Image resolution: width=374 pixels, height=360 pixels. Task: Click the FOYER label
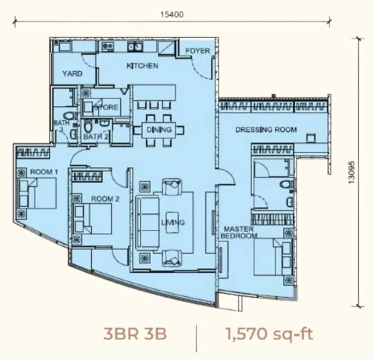(x=198, y=51)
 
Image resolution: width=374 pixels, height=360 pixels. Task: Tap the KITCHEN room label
(x=142, y=65)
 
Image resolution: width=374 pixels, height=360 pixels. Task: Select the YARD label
(x=73, y=74)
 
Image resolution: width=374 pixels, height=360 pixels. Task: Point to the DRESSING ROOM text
(x=266, y=130)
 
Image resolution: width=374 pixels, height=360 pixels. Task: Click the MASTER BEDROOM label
(x=239, y=232)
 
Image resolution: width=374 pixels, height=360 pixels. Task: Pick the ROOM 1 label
(x=44, y=172)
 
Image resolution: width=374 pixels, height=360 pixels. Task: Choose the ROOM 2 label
(x=105, y=199)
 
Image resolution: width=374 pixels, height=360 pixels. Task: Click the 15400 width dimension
(x=172, y=15)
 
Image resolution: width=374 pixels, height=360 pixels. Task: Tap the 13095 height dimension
(x=352, y=172)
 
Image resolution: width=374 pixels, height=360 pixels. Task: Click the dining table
(x=159, y=130)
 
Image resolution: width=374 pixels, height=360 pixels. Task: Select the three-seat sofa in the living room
(x=147, y=222)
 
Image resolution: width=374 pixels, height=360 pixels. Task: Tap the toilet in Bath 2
(x=87, y=127)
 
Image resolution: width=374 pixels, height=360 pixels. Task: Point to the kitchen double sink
(x=135, y=46)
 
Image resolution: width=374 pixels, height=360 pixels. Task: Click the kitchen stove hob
(x=108, y=46)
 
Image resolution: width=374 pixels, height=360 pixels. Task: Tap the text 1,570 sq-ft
(x=269, y=334)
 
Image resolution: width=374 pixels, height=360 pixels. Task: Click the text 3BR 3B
(x=135, y=334)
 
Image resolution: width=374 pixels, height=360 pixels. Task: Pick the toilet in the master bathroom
(x=287, y=184)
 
